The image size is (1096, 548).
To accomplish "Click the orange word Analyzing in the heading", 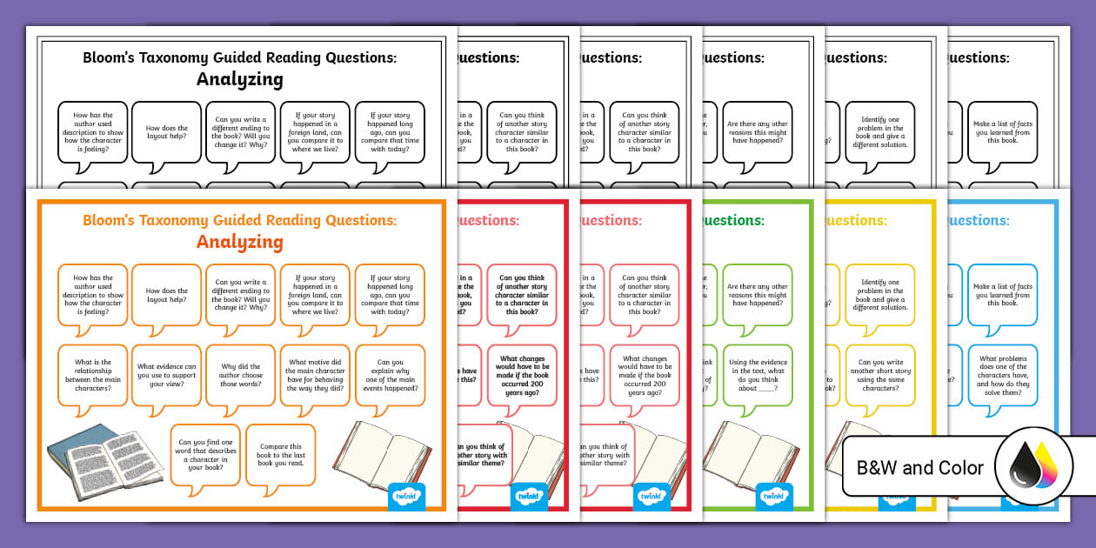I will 239,242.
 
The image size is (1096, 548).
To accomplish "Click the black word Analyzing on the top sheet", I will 239,79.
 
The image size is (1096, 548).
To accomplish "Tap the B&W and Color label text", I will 919,468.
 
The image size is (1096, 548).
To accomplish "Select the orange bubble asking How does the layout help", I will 166,296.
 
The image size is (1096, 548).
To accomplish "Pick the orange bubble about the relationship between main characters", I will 92,374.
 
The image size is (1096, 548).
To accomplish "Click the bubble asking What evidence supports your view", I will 166,374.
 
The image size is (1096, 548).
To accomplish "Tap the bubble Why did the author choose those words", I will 240,374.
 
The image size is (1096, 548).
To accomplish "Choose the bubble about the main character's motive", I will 315,374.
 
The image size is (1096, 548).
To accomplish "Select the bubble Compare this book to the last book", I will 280,453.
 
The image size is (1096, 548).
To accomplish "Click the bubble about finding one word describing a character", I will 204,453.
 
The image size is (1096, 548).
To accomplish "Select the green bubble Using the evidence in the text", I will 757,374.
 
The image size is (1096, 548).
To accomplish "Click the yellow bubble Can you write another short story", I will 879,374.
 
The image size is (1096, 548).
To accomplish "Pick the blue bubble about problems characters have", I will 1002,374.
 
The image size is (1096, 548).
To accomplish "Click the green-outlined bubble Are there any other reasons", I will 757,295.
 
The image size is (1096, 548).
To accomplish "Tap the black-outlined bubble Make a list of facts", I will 1002,132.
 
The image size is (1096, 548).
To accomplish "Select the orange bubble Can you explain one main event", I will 390,374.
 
